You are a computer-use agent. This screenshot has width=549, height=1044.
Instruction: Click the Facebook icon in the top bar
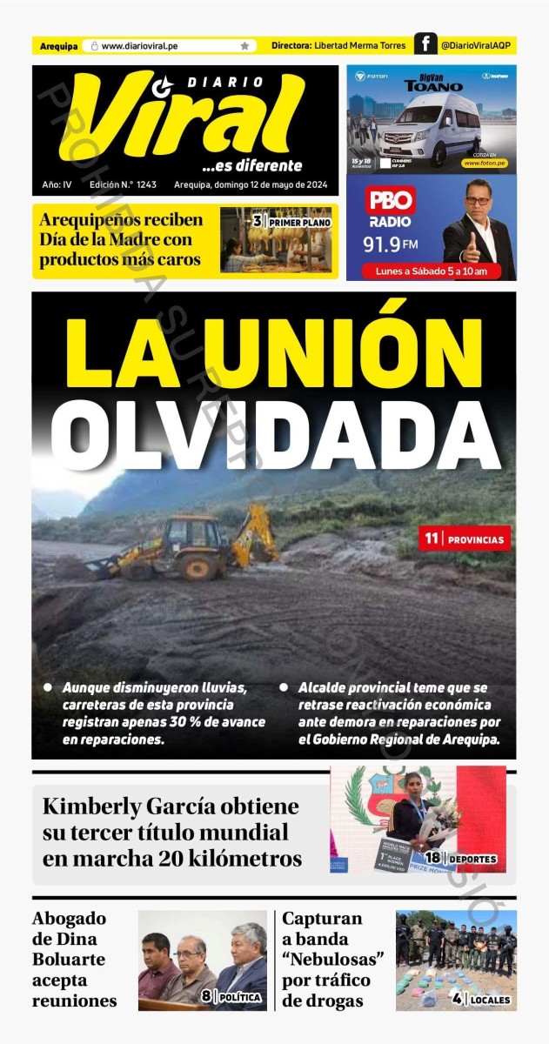click(425, 45)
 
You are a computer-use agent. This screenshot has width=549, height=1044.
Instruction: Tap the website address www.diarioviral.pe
click(140, 45)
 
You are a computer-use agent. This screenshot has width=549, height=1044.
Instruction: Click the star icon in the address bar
click(244, 45)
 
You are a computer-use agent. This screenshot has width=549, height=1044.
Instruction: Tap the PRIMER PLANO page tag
click(296, 223)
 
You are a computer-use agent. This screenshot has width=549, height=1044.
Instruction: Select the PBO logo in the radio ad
click(391, 201)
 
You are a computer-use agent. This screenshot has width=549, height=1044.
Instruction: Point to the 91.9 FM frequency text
click(391, 244)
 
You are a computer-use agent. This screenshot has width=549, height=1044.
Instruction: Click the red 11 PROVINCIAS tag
click(464, 539)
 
